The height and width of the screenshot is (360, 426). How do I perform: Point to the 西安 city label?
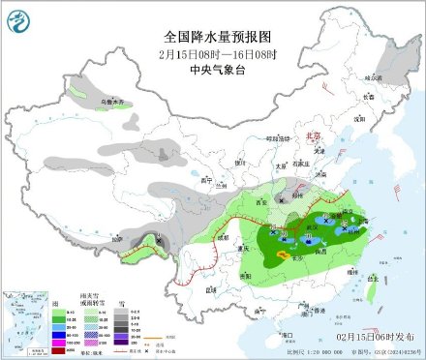258,200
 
